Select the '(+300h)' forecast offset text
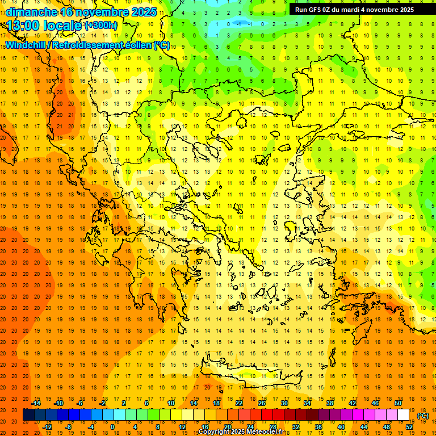(x=100, y=26)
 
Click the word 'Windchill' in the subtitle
(x=26, y=45)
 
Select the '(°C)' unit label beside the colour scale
(x=423, y=416)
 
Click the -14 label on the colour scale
(x=36, y=403)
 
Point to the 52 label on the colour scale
(x=409, y=426)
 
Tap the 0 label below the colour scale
(x=112, y=426)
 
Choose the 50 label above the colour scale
(x=398, y=403)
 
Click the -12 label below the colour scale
(x=47, y=426)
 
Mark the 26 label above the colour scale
(x=262, y=403)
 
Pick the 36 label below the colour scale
(x=318, y=426)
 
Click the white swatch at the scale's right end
(x=404, y=415)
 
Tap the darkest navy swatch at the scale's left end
(x=28, y=415)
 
